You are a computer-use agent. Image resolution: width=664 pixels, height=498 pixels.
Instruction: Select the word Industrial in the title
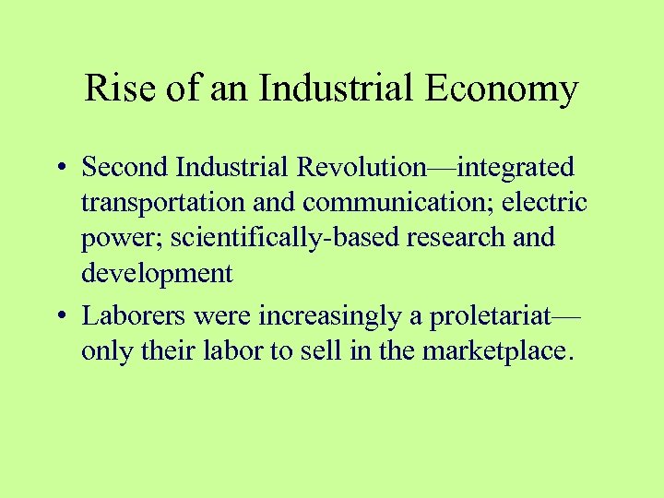click(333, 89)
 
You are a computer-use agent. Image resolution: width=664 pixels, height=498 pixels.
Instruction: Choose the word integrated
click(516, 168)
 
